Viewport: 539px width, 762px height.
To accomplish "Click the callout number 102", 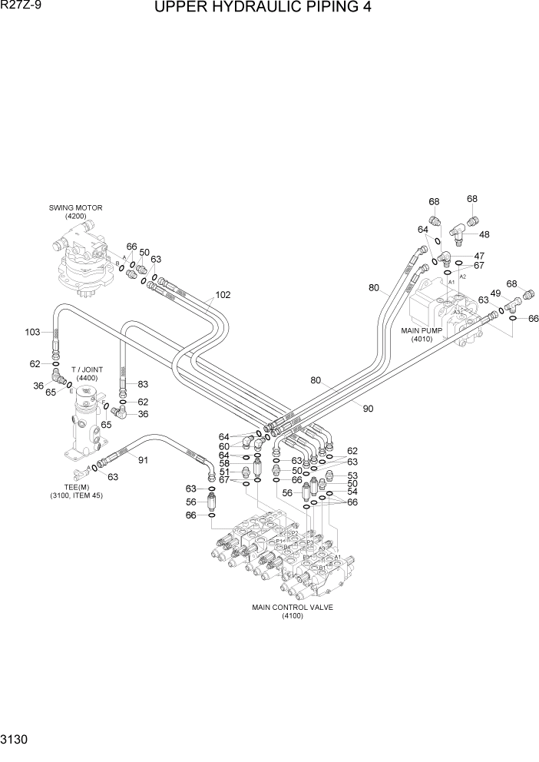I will pos(223,294).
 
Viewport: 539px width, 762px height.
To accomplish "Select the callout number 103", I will pos(32,332).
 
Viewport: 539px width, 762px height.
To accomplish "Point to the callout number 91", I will pos(142,459).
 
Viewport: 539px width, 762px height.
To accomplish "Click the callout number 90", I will pos(368,409).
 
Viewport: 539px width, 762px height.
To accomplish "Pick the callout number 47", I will pos(479,256).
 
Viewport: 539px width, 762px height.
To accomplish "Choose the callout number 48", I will pos(484,234).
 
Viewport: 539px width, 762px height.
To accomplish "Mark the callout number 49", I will pos(495,293).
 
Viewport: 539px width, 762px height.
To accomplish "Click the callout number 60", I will pos(223,446).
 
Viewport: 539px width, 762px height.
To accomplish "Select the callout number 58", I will pos(223,463).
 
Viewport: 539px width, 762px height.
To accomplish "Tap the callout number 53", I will pos(352,475).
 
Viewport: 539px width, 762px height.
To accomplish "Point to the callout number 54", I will pos(352,492).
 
